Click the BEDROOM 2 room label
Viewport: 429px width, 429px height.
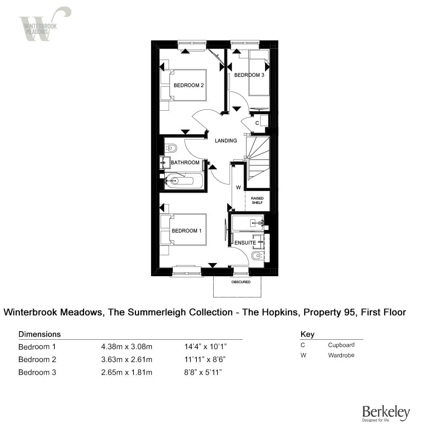[188, 85]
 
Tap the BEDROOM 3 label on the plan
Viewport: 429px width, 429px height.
[249, 75]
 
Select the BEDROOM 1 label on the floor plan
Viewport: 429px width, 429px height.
[187, 231]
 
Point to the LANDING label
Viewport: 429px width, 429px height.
[226, 140]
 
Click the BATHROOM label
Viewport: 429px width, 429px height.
[185, 163]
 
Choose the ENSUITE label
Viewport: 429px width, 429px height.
[245, 243]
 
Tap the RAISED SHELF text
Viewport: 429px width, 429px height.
[257, 200]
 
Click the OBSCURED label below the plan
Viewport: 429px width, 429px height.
[241, 282]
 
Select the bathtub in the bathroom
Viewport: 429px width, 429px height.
[184, 181]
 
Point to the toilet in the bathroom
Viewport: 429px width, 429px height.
[172, 148]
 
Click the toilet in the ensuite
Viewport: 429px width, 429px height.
[257, 256]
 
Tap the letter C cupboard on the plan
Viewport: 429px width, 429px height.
[257, 123]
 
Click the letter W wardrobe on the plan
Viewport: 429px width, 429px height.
[238, 187]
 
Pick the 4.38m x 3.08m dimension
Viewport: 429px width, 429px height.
[127, 347]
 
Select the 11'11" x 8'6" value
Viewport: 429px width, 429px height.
[203, 360]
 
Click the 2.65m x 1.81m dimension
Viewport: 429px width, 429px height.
[127, 372]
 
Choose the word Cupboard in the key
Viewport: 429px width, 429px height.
[341, 345]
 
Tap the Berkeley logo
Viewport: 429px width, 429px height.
[386, 414]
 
